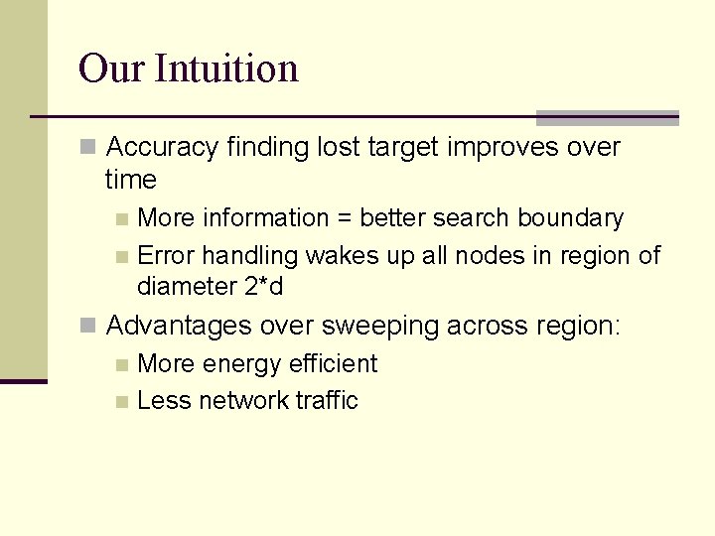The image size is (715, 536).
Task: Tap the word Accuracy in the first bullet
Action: (162, 148)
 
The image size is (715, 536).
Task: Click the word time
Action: (131, 180)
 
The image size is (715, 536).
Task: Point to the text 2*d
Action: (263, 287)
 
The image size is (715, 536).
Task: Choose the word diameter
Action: (187, 287)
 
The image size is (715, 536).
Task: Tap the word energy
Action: (241, 364)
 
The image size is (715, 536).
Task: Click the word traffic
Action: (327, 401)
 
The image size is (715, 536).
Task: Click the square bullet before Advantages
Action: (88, 326)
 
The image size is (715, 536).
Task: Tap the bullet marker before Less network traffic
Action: (121, 402)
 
